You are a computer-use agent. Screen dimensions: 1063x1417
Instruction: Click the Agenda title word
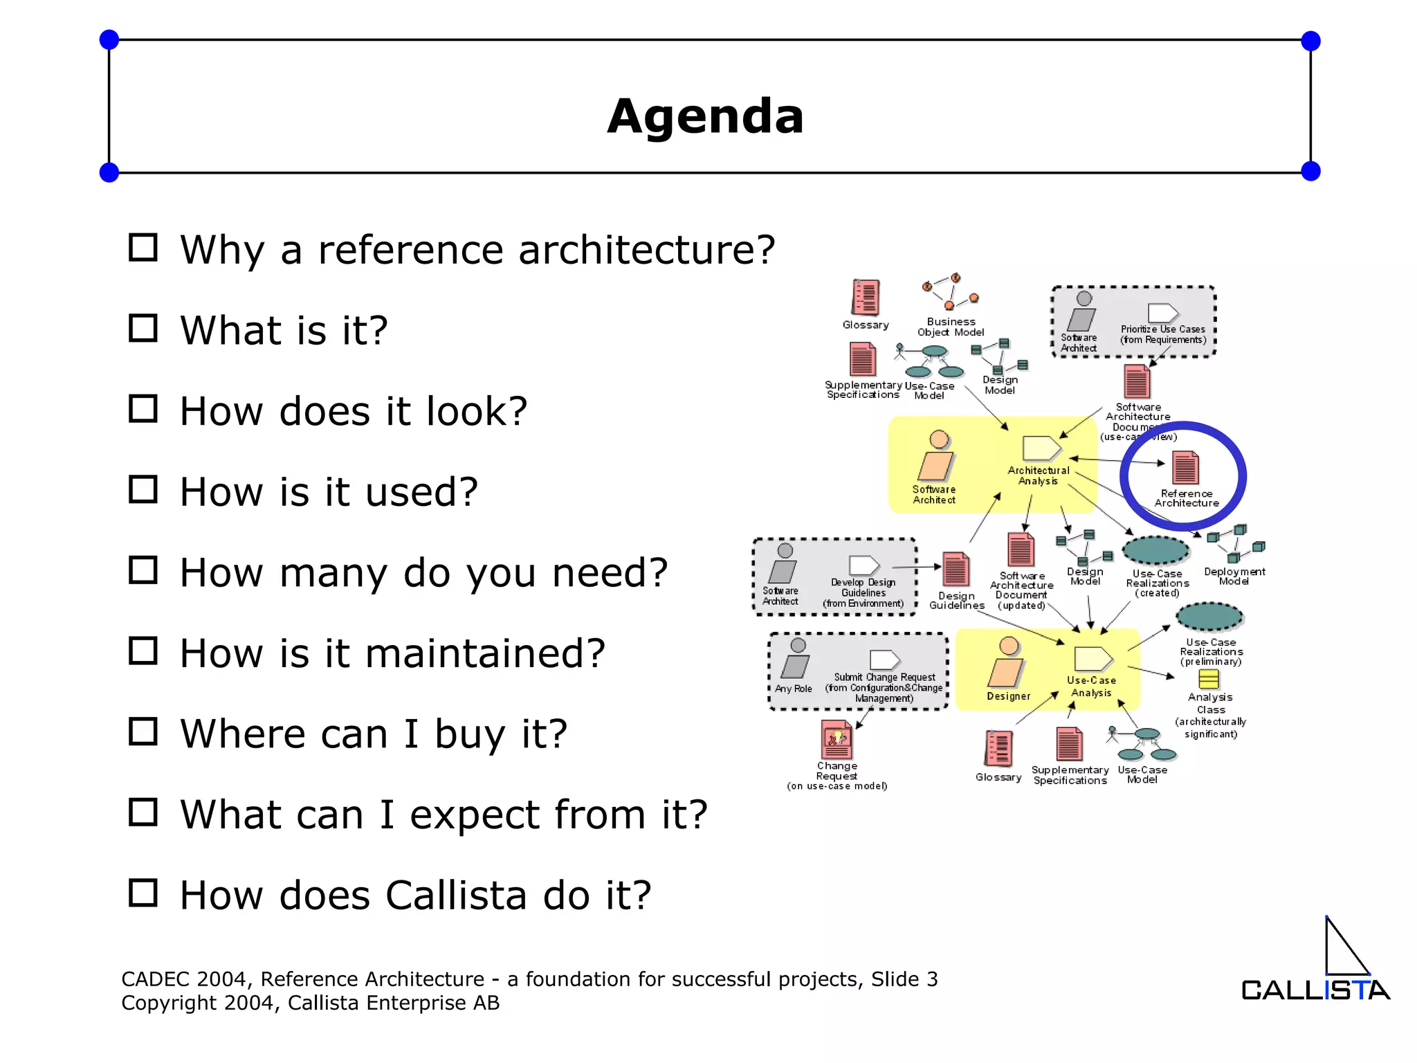pyautogui.click(x=705, y=116)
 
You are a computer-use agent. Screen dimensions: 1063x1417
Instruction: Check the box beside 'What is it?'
pyautogui.click(x=143, y=328)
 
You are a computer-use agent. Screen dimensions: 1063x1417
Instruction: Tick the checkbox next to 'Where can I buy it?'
pyautogui.click(x=143, y=731)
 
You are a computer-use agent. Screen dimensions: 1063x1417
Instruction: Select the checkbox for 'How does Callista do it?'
pyautogui.click(x=143, y=893)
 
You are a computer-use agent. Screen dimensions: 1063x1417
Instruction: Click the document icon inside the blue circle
pyautogui.click(x=1185, y=468)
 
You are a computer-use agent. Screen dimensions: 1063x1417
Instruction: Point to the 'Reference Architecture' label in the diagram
pyautogui.click(x=1187, y=498)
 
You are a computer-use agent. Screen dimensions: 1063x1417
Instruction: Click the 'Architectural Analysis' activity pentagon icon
pyautogui.click(x=1041, y=448)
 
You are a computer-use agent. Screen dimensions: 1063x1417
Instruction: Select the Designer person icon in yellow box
pyautogui.click(x=1007, y=663)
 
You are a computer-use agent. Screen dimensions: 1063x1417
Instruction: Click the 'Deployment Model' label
pyautogui.click(x=1234, y=576)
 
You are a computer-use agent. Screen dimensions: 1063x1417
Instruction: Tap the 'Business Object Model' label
pyautogui.click(x=951, y=327)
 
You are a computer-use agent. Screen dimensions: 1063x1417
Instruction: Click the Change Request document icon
pyautogui.click(x=837, y=740)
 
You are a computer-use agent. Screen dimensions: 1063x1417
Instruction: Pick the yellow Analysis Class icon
pyautogui.click(x=1209, y=679)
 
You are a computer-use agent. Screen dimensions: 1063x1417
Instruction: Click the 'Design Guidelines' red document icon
pyautogui.click(x=956, y=570)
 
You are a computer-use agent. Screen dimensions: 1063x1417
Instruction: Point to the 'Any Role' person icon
pyautogui.click(x=796, y=658)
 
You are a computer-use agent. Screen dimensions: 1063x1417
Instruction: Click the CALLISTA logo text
pyautogui.click(x=1315, y=990)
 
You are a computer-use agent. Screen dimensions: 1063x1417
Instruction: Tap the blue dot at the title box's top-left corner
pyautogui.click(x=109, y=40)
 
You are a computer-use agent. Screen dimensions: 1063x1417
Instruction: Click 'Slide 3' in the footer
pyautogui.click(x=904, y=979)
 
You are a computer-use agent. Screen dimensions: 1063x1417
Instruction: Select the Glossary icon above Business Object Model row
pyautogui.click(x=865, y=297)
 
